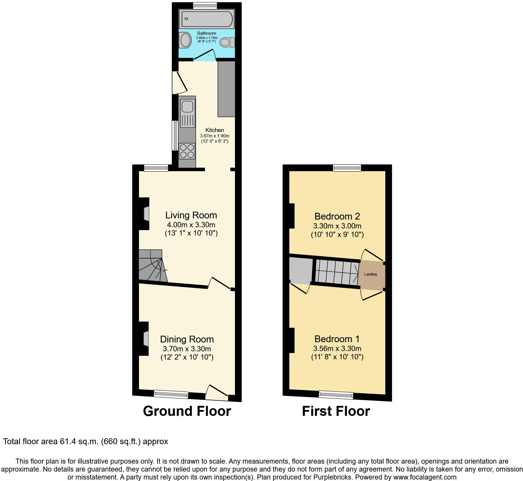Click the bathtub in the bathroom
point(207,19)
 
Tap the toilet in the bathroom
point(227,42)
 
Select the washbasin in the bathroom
point(186,40)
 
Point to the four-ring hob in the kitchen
point(187,151)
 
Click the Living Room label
point(191,215)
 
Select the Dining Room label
point(187,339)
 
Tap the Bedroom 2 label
point(337,216)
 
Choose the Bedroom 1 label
point(337,339)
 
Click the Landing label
point(370,274)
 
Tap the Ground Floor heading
point(187,411)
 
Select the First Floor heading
point(336,411)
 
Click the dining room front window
point(171,394)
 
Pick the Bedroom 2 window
point(347,168)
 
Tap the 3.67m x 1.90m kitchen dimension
point(214,136)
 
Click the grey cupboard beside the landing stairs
point(300,270)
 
